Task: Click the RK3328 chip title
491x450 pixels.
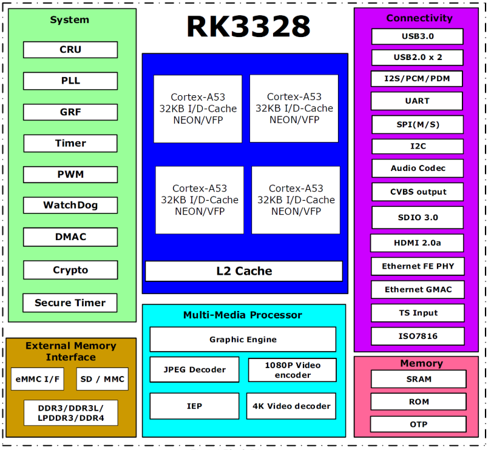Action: (248, 27)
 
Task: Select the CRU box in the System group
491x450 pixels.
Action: (70, 50)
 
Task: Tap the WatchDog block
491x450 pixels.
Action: (70, 205)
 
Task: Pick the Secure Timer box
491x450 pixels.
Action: (70, 303)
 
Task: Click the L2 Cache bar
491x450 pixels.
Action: (244, 271)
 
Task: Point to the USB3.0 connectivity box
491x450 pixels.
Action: (418, 36)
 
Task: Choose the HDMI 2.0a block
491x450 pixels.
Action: (417, 243)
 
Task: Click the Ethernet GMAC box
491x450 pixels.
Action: (418, 290)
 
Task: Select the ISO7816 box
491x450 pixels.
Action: (418, 337)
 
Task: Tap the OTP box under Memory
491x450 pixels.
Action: (418, 425)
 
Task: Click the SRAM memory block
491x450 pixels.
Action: (419, 379)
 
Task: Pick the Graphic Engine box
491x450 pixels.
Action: (243, 340)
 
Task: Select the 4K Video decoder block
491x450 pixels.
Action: (291, 406)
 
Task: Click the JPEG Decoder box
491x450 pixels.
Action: (194, 369)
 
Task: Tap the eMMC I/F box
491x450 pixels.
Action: (38, 379)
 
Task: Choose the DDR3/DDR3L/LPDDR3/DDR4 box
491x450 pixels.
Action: (71, 413)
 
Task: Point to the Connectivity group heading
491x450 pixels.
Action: (419, 18)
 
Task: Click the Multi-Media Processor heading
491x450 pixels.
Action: (243, 315)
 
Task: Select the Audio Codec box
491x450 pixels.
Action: (418, 169)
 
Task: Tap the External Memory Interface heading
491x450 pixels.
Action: (71, 351)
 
